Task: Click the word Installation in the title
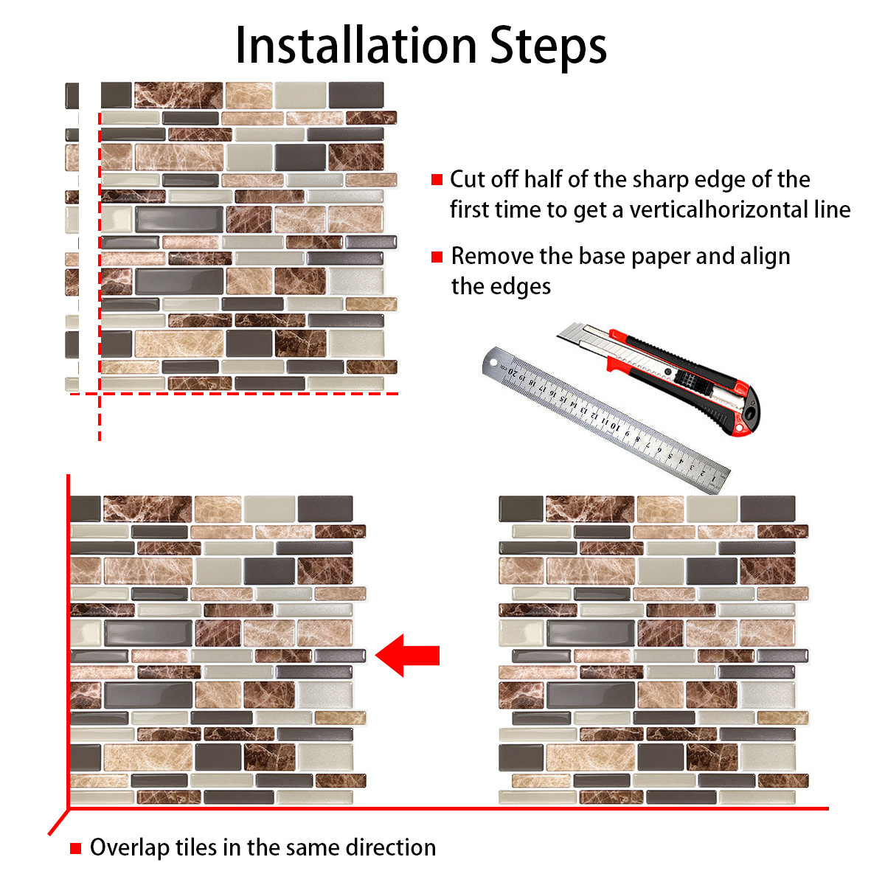(355, 46)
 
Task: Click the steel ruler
(605, 420)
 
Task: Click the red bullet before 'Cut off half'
(437, 179)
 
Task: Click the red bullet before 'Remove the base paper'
(437, 257)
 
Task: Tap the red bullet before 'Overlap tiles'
(75, 848)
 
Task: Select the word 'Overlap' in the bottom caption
(129, 848)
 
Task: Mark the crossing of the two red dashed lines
(100, 394)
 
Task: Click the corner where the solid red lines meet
(69, 809)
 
